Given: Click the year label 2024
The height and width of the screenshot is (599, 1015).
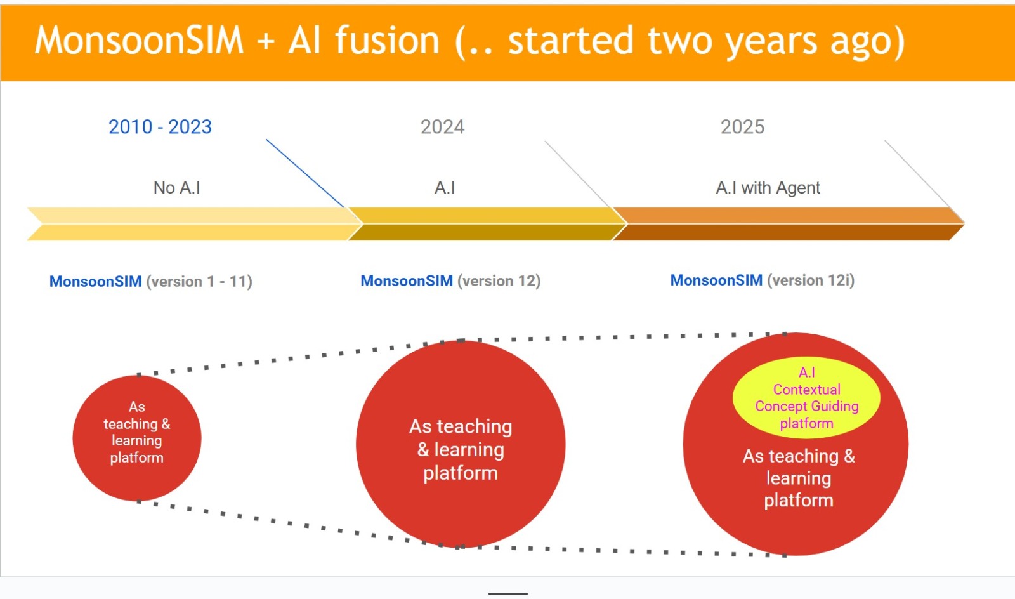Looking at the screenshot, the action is click(x=442, y=127).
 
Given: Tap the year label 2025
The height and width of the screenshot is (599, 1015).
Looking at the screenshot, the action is click(x=742, y=127).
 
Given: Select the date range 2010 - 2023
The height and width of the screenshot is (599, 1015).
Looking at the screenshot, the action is click(x=160, y=127).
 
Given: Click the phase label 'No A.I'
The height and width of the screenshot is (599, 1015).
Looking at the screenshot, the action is click(x=177, y=188).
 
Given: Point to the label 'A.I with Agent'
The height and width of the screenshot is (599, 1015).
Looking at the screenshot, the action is click(x=768, y=188).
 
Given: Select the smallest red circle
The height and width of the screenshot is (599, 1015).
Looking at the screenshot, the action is click(x=137, y=438).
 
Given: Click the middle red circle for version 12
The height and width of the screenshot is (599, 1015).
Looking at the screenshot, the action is click(x=461, y=444).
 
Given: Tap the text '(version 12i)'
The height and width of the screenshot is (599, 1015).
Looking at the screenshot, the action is click(x=811, y=280).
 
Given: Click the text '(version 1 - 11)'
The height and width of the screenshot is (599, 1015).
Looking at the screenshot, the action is click(x=199, y=281).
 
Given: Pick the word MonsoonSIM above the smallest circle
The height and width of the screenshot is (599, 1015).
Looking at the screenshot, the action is click(x=95, y=281).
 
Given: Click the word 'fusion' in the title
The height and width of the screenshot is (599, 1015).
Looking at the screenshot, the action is click(x=388, y=41).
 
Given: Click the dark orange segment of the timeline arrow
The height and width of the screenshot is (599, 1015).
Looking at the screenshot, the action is click(x=789, y=224).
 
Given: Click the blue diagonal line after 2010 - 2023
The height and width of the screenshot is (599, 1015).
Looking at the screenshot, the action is click(x=305, y=173).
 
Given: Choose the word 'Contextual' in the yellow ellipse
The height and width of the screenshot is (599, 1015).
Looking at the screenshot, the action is click(x=806, y=389).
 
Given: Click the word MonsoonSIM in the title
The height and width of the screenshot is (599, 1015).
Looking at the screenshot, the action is click(x=139, y=41).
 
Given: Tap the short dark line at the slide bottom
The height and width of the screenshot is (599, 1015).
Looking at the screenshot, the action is click(x=508, y=593).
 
